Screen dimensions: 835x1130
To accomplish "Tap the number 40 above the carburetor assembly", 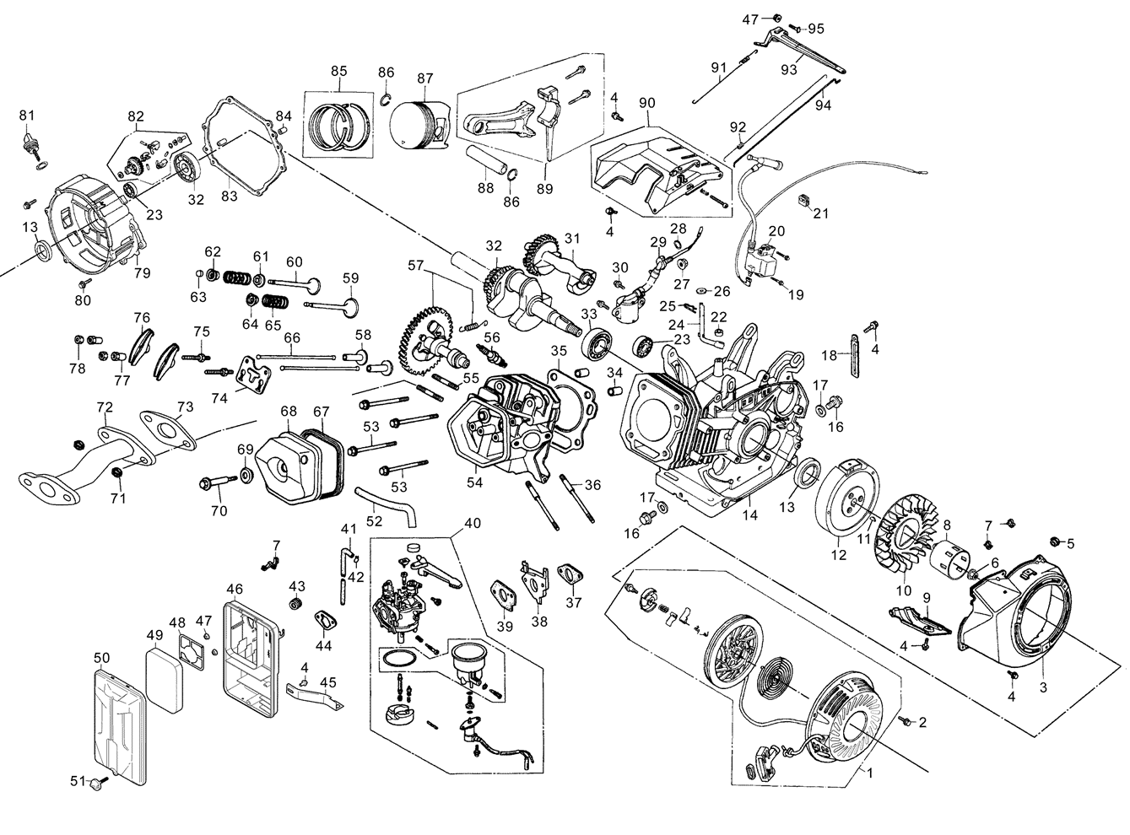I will (473, 522).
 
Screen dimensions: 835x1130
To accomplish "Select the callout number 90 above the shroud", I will (647, 103).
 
